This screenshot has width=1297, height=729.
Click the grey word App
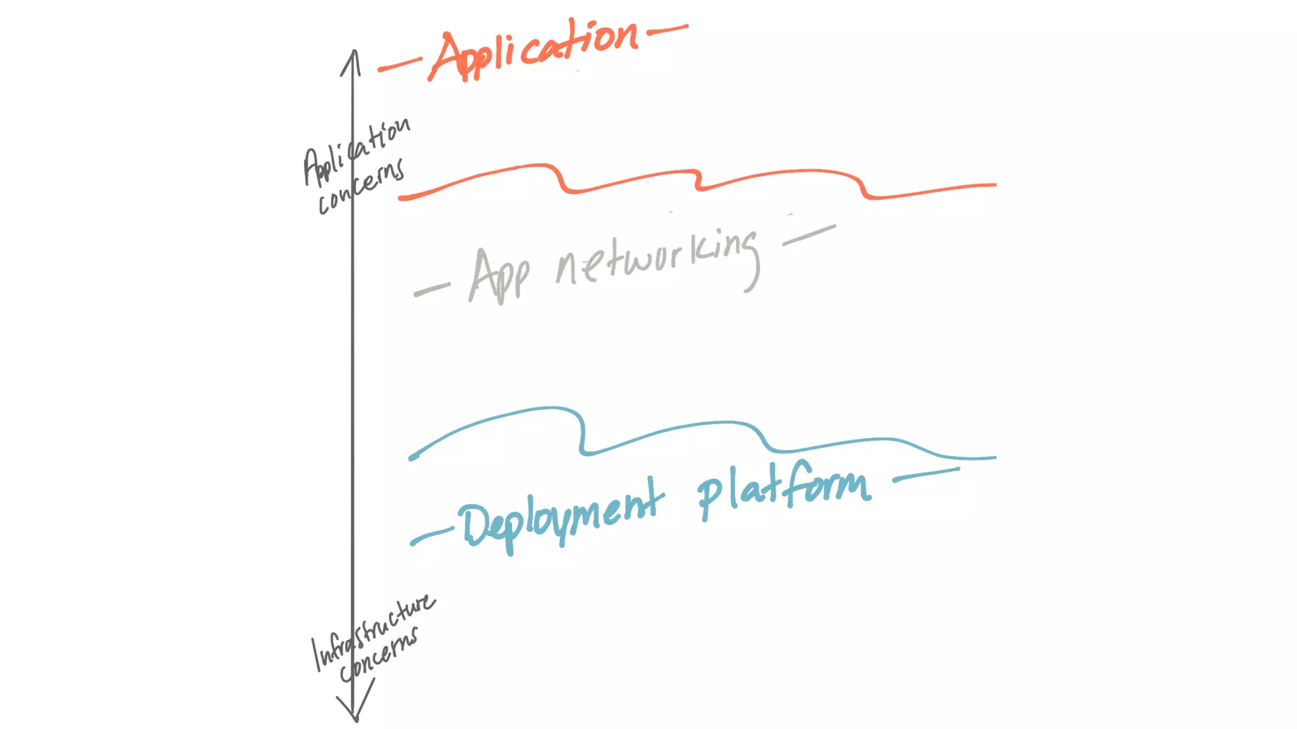499,275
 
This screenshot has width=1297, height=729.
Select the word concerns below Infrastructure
379,655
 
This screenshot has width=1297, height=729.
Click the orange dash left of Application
400,65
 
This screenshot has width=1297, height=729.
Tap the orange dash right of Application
667,29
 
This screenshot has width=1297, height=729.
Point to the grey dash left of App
432,289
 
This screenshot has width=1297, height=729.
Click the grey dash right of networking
809,235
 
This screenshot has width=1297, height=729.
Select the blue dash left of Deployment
432,535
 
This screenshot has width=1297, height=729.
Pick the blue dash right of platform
926,475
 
